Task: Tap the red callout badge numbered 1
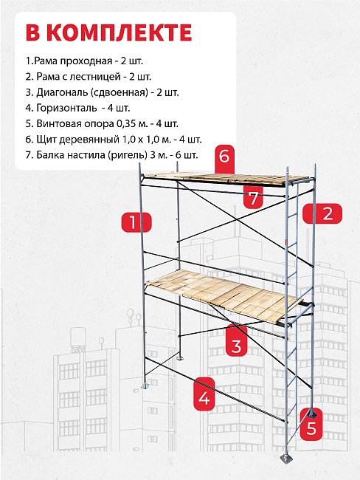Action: click(x=136, y=222)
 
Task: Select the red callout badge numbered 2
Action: click(x=322, y=213)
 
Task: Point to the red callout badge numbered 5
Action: click(x=311, y=425)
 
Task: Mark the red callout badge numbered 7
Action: click(x=254, y=197)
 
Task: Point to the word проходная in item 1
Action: click(x=86, y=61)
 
